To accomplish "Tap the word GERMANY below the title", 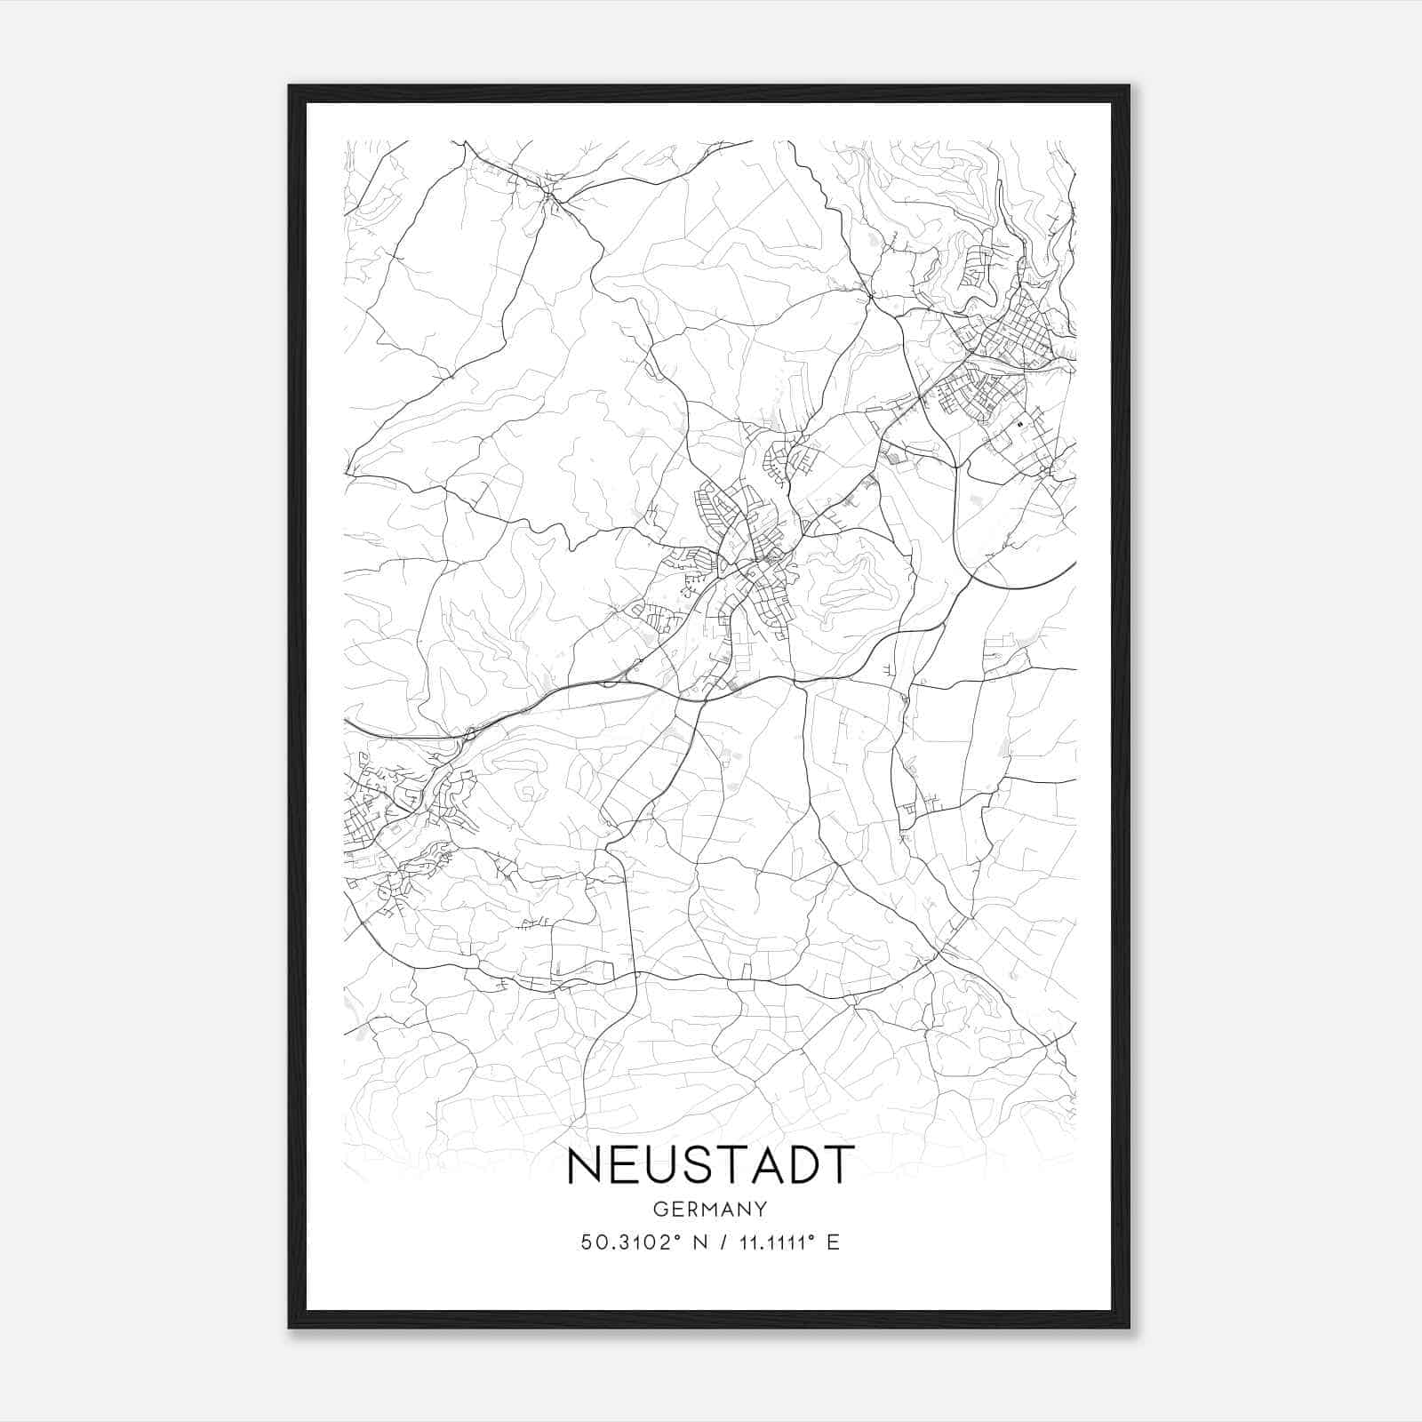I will click(x=710, y=1209).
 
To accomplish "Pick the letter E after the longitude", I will click(x=833, y=1242).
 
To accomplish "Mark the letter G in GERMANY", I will click(x=659, y=1209).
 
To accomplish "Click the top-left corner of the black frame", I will click(x=291, y=87).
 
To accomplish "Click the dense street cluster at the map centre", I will click(x=751, y=560).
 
